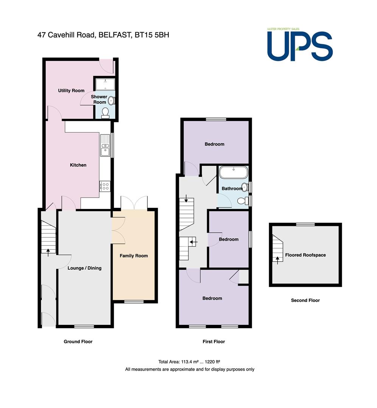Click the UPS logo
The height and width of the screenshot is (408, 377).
[300, 45]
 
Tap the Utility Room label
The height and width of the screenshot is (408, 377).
[71, 91]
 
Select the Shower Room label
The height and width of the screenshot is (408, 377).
[99, 99]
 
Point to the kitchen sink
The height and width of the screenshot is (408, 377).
[105, 145]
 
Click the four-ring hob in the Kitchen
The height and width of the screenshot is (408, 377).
[105, 186]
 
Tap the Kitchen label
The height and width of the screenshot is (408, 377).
[78, 165]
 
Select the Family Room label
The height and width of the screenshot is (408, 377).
[133, 256]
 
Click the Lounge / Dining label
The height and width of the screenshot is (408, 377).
[84, 268]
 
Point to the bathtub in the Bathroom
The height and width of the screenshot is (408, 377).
[233, 172]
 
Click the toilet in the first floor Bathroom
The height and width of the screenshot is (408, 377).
[244, 201]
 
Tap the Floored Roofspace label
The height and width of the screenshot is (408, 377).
[306, 255]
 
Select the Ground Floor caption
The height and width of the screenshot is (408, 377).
[78, 342]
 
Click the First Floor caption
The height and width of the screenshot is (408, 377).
[214, 342]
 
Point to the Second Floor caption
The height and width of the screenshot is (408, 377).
[306, 300]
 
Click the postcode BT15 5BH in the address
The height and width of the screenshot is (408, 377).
[152, 35]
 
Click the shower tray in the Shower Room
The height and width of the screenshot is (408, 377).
[105, 84]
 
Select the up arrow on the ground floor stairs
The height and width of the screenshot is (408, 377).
[48, 252]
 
